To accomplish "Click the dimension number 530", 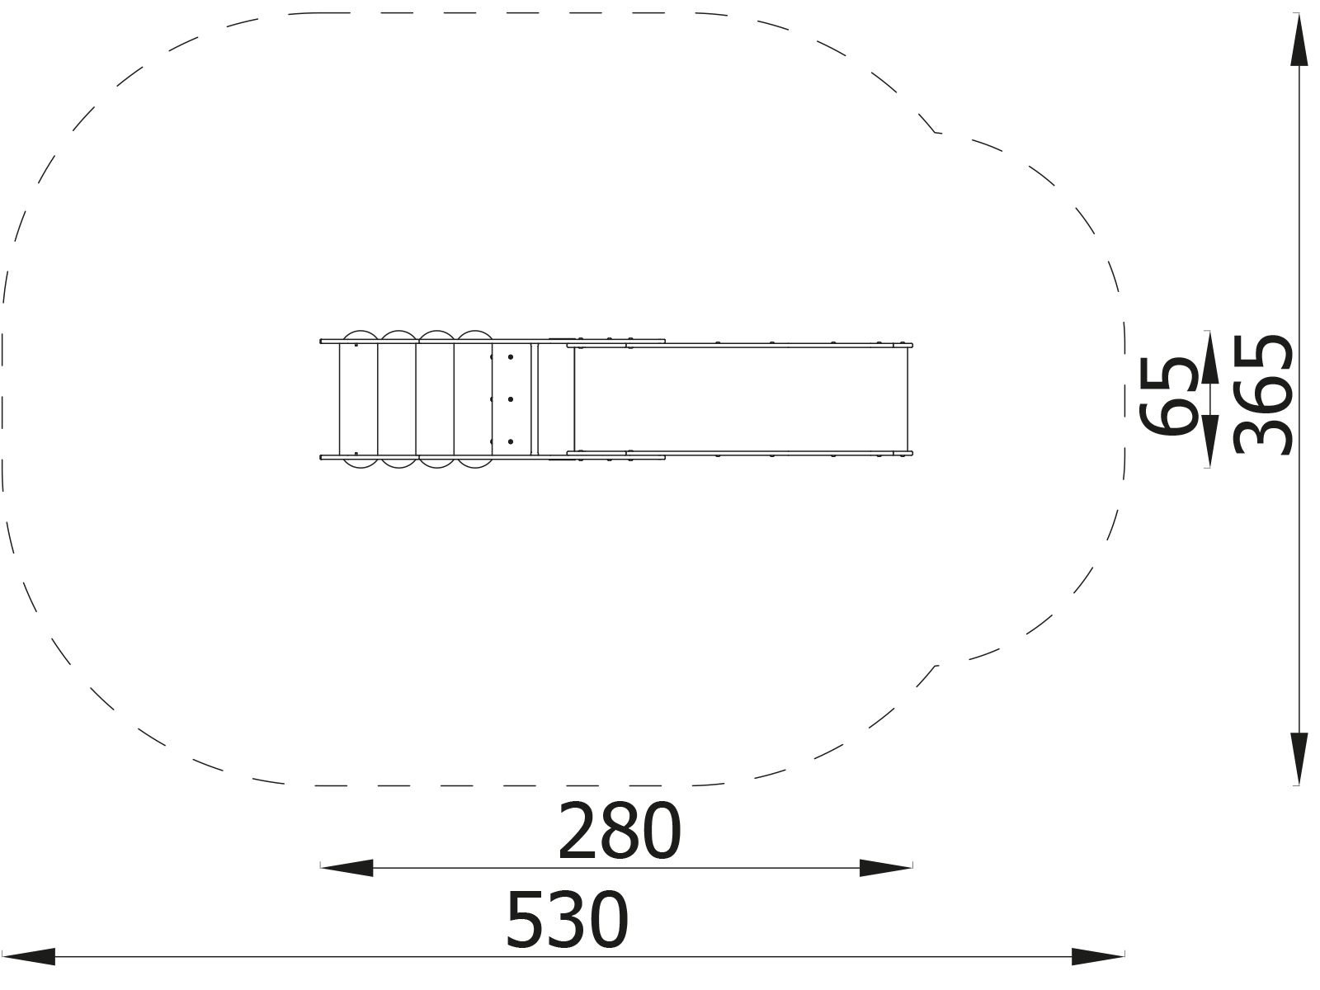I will [567, 919].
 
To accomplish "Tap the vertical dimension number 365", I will [1261, 394].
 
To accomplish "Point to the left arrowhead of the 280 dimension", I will [346, 867].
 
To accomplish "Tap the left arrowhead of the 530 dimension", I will [28, 957].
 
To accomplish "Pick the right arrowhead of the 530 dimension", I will [1097, 957].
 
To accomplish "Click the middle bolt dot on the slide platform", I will [511, 399].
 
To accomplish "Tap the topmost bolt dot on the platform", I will [511, 356].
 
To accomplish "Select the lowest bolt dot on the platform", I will [511, 442].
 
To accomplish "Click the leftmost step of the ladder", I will [358, 399].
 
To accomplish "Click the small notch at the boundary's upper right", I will [936, 131].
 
